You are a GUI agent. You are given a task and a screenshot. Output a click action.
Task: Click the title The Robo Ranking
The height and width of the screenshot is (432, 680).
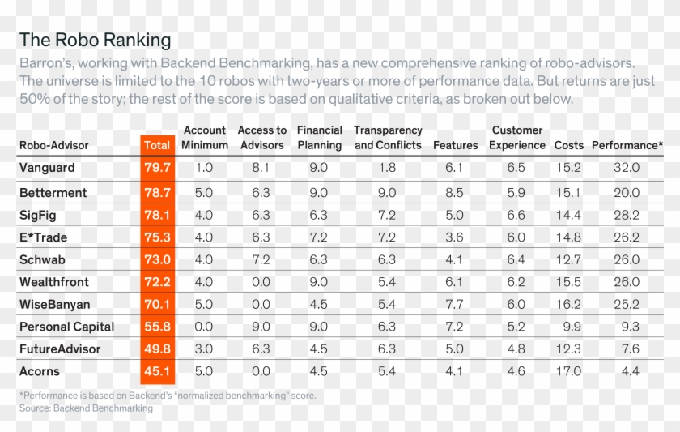click(95, 40)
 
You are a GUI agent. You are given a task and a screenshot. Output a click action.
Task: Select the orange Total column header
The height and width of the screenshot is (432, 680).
click(157, 145)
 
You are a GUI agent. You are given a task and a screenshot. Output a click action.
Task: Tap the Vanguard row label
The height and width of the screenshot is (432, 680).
click(47, 168)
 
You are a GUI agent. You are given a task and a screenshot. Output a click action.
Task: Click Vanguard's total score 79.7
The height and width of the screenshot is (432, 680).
click(157, 168)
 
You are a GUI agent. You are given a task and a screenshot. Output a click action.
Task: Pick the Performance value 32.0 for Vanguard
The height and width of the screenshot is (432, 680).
click(627, 168)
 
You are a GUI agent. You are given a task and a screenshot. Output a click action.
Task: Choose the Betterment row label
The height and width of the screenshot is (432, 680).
click(53, 193)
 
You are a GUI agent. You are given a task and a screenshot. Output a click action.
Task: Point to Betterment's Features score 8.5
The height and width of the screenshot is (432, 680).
click(454, 193)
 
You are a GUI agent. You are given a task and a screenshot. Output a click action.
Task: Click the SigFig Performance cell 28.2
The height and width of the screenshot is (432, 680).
click(627, 216)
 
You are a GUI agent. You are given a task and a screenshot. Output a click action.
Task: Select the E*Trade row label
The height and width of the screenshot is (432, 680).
click(43, 237)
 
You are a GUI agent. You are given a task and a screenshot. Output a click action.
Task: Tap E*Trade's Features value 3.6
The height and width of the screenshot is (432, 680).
click(454, 237)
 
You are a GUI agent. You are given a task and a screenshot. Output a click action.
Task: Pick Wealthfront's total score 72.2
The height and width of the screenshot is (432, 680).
click(157, 282)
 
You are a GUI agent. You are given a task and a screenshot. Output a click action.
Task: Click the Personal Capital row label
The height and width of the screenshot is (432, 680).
click(66, 327)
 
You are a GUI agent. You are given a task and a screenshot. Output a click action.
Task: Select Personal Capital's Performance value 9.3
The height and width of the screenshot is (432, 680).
click(627, 327)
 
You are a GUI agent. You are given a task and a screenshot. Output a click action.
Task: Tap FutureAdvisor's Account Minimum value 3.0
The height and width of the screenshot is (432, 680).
click(204, 349)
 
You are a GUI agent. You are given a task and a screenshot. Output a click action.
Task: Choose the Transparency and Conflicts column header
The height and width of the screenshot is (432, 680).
click(388, 137)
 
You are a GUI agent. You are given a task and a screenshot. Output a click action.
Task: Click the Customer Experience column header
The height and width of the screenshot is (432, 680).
click(517, 137)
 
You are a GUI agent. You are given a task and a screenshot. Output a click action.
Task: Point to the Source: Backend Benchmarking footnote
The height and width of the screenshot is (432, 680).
click(86, 408)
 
